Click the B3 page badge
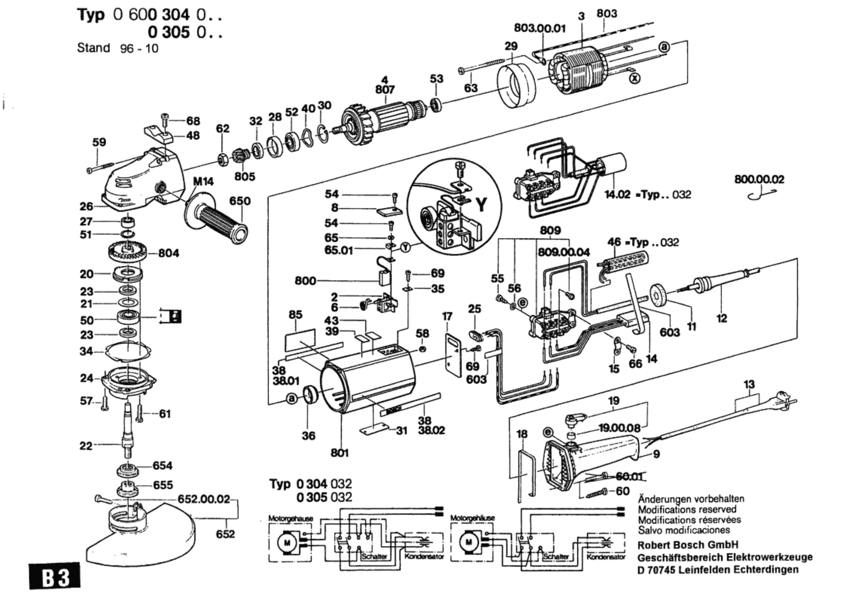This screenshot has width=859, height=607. [x=55, y=577]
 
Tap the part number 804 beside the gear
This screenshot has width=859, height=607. [x=168, y=253]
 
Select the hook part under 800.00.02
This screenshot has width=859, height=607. [x=761, y=195]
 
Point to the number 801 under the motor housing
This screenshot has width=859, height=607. [x=340, y=453]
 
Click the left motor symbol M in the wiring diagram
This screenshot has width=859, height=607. [x=287, y=542]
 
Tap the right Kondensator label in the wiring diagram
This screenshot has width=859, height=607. [x=606, y=557]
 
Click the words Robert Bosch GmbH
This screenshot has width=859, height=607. [x=688, y=545]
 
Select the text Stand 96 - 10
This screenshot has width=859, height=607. [x=117, y=48]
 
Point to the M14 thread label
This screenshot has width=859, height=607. [x=203, y=181]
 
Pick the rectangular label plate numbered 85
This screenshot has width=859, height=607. [x=300, y=340]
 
